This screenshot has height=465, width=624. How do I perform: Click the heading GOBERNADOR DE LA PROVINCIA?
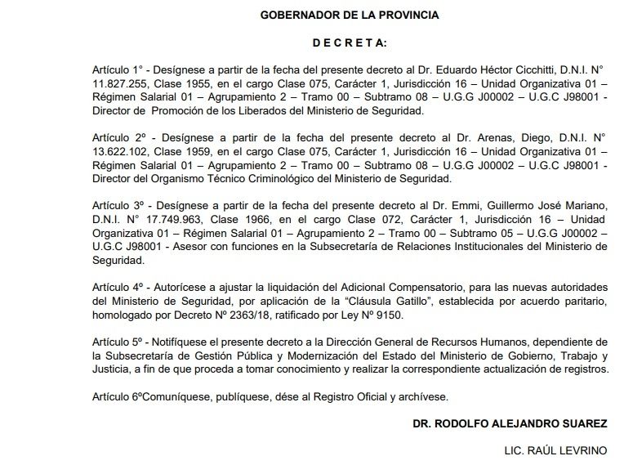tap(349, 15)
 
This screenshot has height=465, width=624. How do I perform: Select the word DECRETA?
tap(350, 42)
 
